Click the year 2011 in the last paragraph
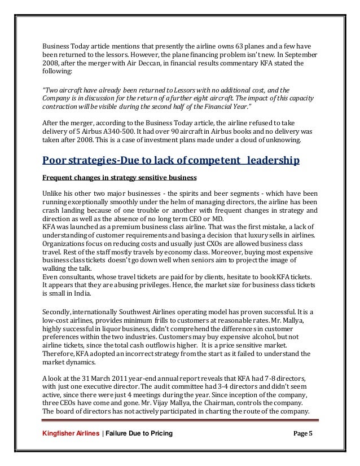[116, 377]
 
